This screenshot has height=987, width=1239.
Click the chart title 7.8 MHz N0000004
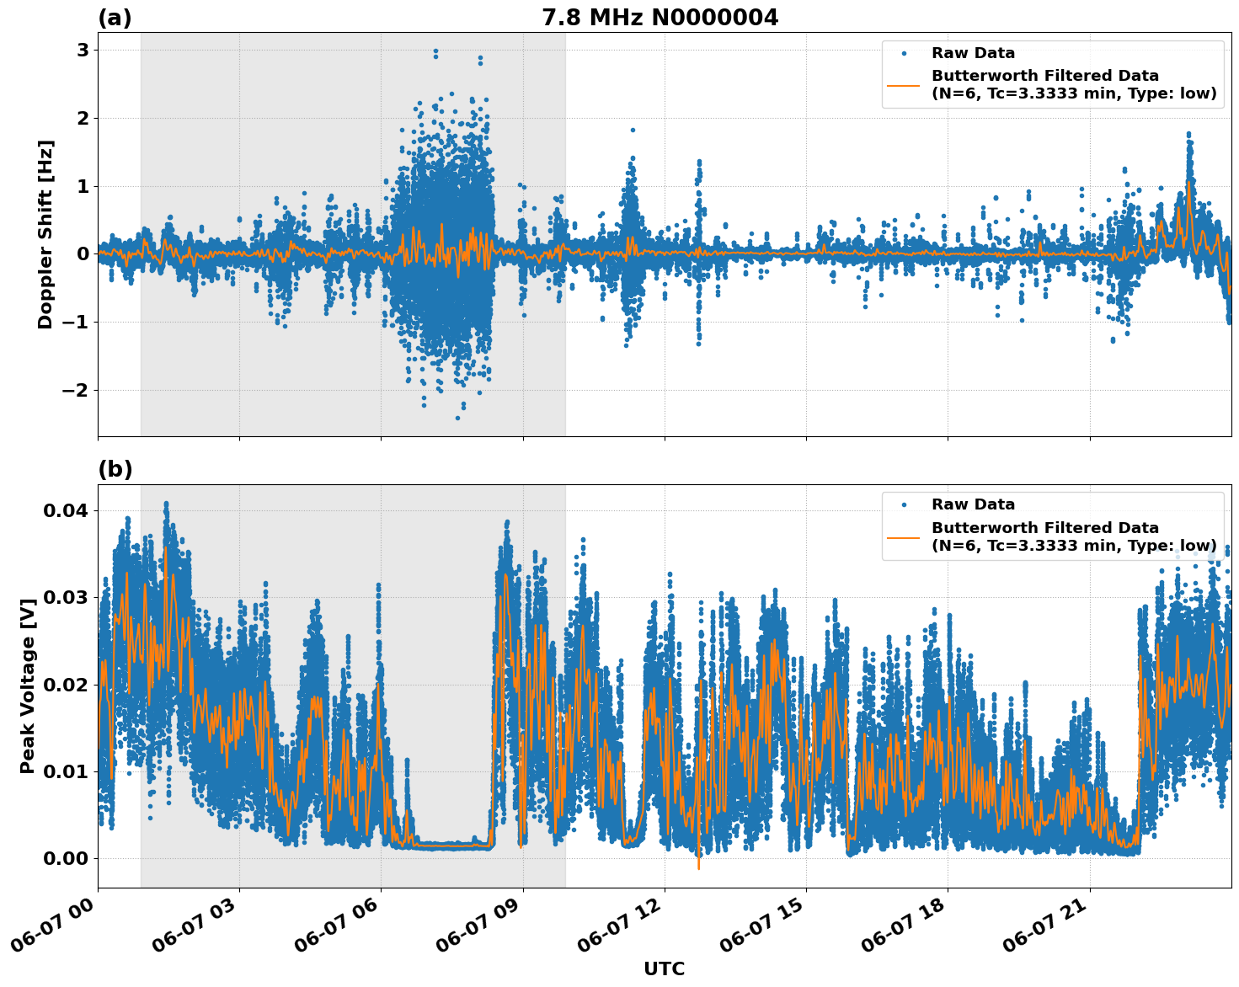660,18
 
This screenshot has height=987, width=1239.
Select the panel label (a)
115,18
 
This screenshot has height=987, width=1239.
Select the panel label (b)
115,469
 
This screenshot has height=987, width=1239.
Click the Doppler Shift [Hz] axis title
45,234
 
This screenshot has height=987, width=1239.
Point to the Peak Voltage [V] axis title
28,686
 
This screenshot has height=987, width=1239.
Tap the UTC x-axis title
664,968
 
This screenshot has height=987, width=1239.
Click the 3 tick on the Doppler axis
83,51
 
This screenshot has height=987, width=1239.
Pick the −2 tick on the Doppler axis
75,390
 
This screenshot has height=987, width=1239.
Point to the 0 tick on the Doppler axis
83,254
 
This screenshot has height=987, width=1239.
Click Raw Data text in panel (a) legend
973,53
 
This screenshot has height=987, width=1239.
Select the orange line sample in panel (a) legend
905,85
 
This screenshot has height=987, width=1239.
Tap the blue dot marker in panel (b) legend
905,504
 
